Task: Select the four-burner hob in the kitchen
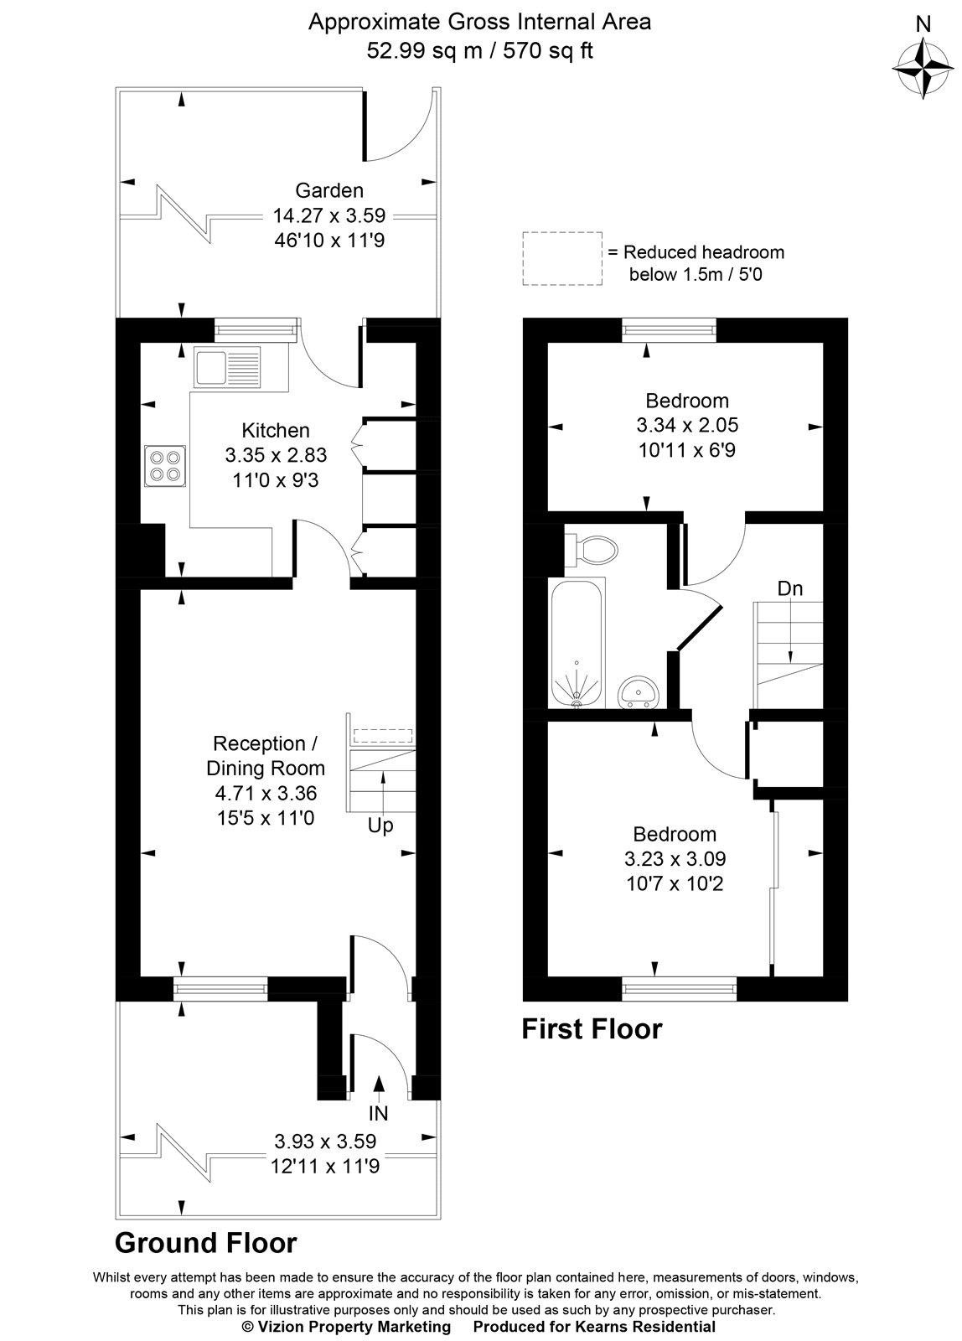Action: (x=163, y=465)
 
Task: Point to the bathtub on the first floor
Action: (x=577, y=643)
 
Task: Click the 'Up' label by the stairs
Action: (x=380, y=826)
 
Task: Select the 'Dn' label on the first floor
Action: (x=789, y=588)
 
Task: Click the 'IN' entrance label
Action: (x=378, y=1114)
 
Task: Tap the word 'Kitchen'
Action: (x=276, y=431)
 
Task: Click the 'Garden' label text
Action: (x=329, y=191)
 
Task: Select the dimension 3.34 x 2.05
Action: (x=687, y=426)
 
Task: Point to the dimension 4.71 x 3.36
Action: (x=266, y=793)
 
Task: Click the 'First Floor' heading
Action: (x=592, y=1028)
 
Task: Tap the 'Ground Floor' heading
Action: (x=205, y=1242)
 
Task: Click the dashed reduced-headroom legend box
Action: (x=562, y=259)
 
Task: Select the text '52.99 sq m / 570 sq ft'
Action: (x=479, y=50)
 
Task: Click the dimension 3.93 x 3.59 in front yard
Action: (x=325, y=1141)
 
